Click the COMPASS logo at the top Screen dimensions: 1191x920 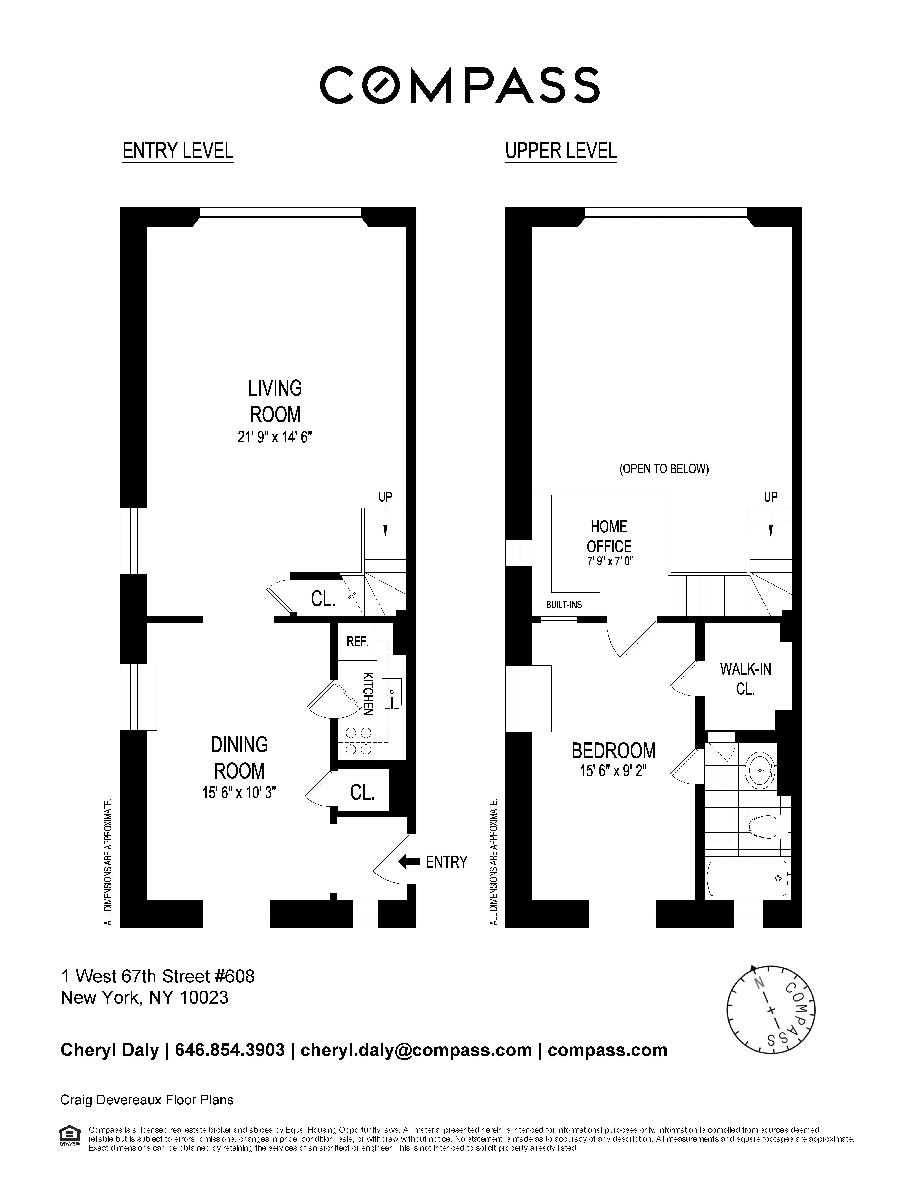(459, 85)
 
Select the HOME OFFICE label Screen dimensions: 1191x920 (609, 536)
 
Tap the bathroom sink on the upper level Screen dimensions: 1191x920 (760, 771)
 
